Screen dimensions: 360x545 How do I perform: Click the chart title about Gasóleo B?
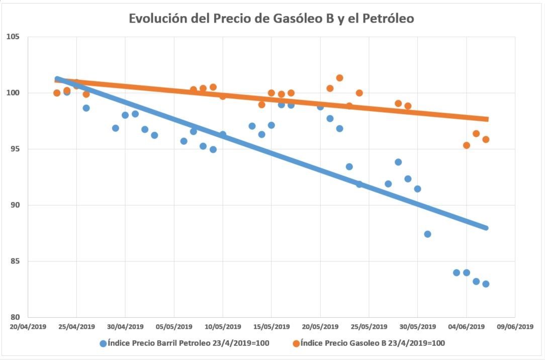pos(271,18)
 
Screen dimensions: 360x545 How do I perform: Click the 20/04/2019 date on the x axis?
pos(28,326)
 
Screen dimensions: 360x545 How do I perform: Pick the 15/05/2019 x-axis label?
pos(271,326)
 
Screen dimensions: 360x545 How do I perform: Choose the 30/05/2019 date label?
pos(417,326)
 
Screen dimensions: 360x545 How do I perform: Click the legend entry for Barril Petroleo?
pos(189,343)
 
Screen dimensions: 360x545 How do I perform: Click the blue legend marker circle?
pos(103,343)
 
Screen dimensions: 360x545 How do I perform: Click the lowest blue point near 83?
pos(486,284)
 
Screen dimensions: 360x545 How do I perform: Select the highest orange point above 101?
pos(339,78)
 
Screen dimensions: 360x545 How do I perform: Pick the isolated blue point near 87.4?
pos(427,234)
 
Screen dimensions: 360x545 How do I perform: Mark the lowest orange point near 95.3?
pos(466,145)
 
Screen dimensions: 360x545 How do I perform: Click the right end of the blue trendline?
pos(486,228)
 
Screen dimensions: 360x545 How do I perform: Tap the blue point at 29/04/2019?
pos(115,128)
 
